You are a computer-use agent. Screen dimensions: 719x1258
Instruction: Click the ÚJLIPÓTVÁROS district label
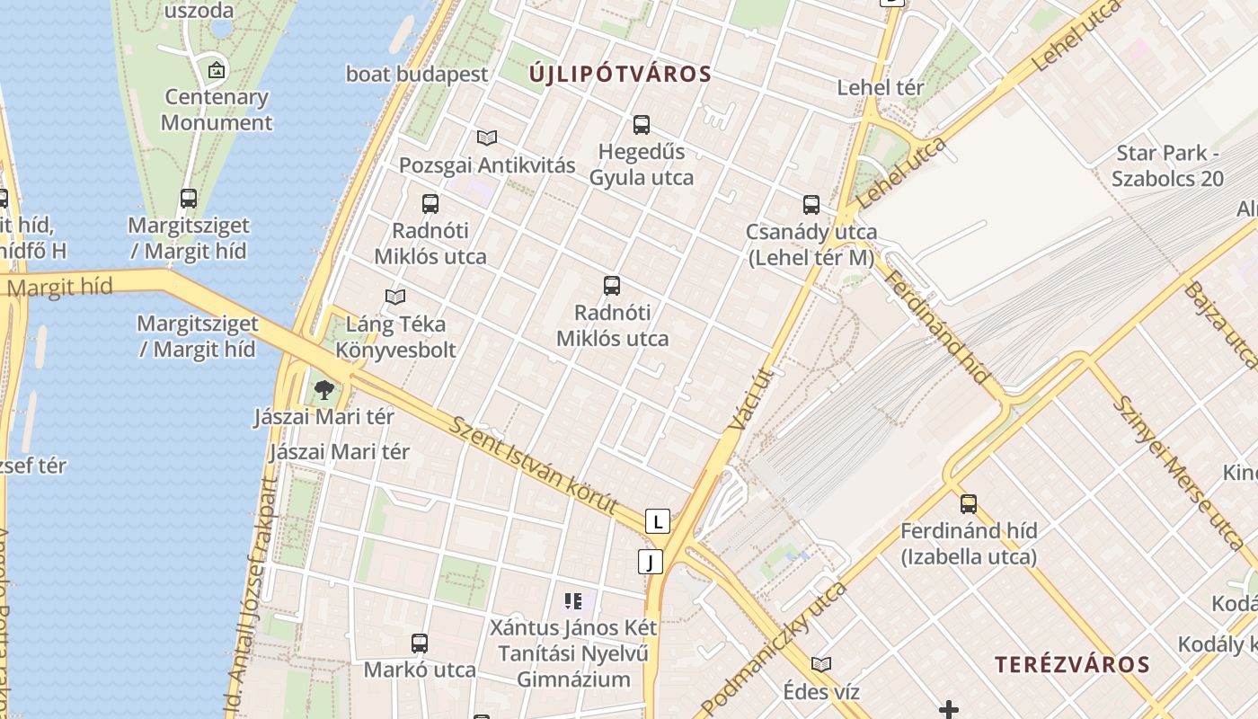tap(620, 75)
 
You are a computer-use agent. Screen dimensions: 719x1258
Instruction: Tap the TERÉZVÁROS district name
tap(1072, 665)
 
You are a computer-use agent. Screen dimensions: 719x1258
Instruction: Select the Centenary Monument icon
tap(217, 70)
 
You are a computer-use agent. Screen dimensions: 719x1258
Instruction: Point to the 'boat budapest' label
tap(417, 75)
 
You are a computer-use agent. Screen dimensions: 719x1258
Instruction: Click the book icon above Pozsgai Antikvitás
tap(487, 138)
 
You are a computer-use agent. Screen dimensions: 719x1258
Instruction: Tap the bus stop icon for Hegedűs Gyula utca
tap(641, 125)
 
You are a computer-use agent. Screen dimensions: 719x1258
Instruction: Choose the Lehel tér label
tap(881, 88)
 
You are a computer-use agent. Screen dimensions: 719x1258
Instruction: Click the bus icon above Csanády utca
tap(811, 205)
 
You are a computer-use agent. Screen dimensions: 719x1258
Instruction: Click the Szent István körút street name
tap(534, 466)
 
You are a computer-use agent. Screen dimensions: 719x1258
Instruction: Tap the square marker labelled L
tap(658, 521)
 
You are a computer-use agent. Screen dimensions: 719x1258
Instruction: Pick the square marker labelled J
tap(651, 563)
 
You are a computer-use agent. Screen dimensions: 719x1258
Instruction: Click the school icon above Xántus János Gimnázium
tap(573, 601)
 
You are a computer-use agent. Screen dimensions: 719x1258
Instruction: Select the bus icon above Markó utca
tap(420, 644)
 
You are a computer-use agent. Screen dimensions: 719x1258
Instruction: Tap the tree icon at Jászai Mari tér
tap(323, 390)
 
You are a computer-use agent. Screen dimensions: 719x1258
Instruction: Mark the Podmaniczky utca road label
tap(773, 649)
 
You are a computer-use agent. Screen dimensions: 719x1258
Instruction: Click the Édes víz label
tap(821, 692)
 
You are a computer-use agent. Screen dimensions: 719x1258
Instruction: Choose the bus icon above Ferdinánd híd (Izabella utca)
tap(969, 504)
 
